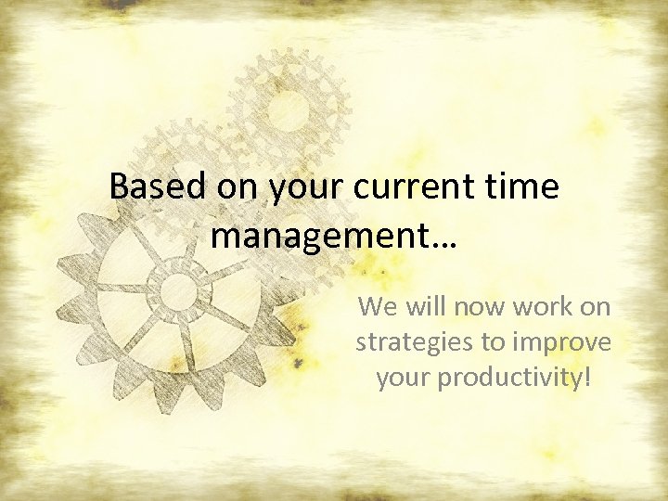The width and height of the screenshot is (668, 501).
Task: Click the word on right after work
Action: [596, 307]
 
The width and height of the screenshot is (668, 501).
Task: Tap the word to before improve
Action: [493, 343]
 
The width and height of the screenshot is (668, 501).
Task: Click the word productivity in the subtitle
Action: [507, 379]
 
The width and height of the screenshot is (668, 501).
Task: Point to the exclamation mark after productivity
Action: [586, 378]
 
